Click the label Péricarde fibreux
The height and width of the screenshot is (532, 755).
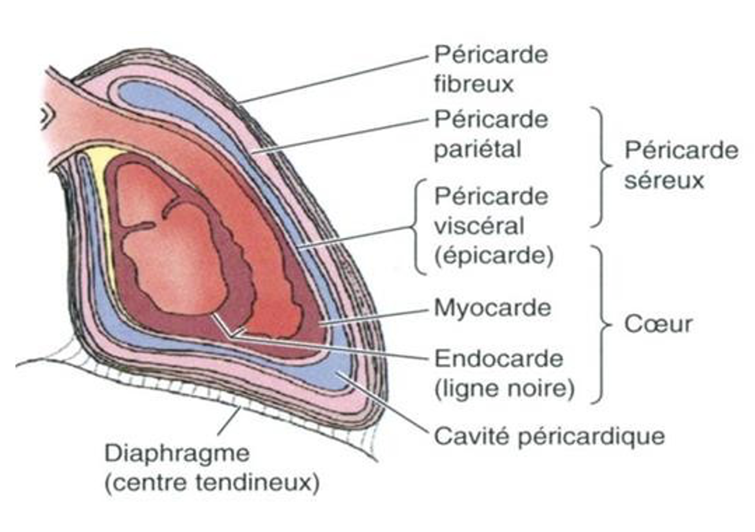click(490, 69)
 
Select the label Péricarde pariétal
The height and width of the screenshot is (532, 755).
click(490, 134)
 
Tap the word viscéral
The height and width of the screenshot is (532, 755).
click(479, 226)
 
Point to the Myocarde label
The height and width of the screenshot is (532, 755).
click(492, 308)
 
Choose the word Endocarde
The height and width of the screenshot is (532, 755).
click(498, 359)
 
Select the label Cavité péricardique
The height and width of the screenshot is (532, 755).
click(549, 436)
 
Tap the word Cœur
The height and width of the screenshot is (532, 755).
click(658, 324)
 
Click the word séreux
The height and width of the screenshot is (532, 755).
click(663, 180)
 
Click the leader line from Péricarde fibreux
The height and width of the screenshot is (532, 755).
click(333, 80)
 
